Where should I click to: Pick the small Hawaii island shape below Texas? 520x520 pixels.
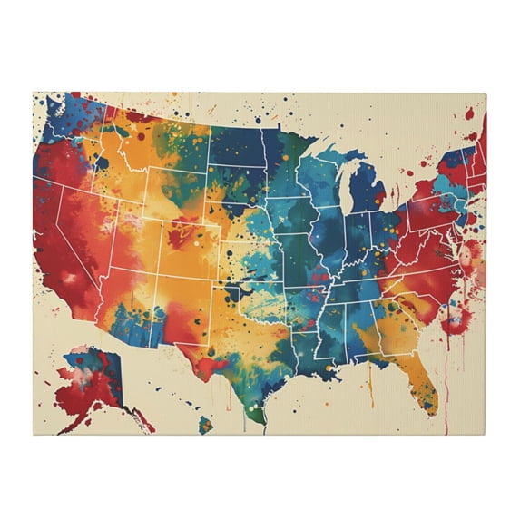pyautogui.click(x=206, y=423)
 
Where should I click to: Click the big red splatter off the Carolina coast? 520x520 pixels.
pyautogui.click(x=453, y=318)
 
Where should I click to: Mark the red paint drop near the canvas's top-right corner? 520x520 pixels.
pyautogui.click(x=470, y=113)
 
